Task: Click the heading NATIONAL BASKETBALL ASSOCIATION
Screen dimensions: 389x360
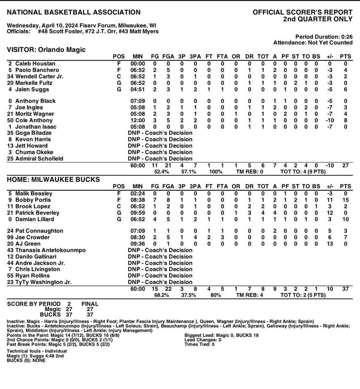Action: [x=74, y=13]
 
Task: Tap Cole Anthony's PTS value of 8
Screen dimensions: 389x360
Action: [x=345, y=120]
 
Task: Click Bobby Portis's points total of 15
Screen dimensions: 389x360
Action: [x=345, y=200]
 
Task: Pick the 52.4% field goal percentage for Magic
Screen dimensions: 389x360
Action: [x=161, y=172]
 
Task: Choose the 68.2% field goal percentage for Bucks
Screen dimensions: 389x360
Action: [x=161, y=295]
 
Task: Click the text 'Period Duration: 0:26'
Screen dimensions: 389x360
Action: [x=324, y=37]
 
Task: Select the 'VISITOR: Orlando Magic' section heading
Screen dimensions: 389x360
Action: [x=46, y=50]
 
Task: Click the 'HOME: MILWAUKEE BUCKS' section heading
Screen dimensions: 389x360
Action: [x=53, y=180]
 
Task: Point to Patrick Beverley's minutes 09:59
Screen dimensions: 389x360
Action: [x=137, y=213]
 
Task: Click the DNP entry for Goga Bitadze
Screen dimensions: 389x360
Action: [x=160, y=133]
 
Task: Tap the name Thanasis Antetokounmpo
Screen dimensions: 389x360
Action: [x=42, y=250]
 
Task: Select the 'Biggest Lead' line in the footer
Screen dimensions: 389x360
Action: [x=222, y=335]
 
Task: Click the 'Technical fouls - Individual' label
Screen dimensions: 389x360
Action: [x=37, y=351]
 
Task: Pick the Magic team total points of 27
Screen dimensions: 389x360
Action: [x=345, y=165]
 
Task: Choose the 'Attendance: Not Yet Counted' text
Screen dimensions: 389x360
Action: [x=313, y=42]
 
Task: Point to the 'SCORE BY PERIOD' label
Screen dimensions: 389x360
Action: [x=34, y=304]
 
